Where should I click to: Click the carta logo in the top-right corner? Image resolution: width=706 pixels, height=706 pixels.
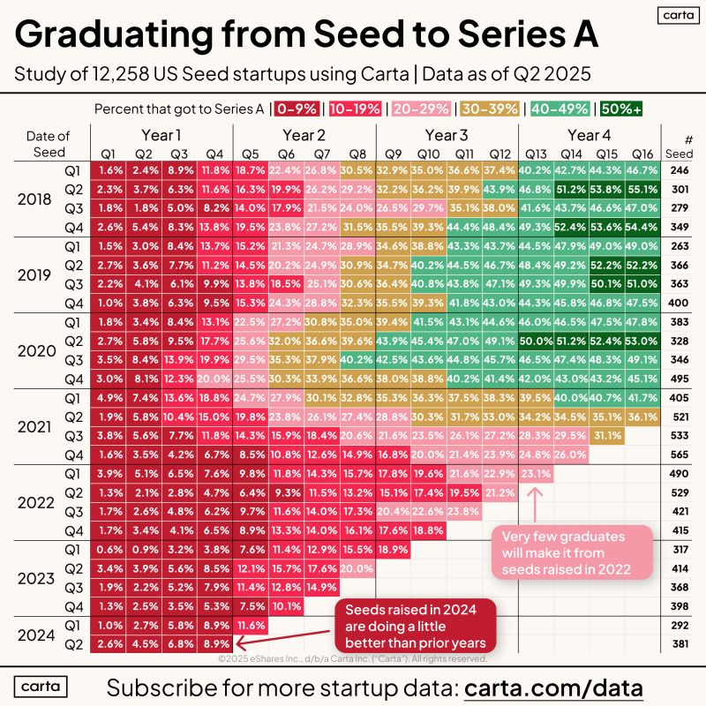[678, 15]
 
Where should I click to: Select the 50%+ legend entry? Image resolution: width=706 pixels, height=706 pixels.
[621, 109]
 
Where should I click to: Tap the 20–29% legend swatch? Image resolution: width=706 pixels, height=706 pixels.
[421, 109]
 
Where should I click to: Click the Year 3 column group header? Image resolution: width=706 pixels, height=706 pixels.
[447, 135]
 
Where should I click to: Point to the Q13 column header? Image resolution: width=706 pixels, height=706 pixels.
[536, 154]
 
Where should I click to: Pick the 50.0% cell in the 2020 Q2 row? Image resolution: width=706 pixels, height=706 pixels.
[536, 341]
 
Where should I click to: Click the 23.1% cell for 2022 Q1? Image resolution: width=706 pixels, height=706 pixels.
[536, 474]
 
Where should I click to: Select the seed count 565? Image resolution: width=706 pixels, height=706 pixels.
[680, 454]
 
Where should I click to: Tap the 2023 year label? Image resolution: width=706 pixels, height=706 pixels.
[36, 578]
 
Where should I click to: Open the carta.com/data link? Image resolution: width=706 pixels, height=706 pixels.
[553, 688]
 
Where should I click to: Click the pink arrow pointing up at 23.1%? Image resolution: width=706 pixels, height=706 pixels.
[535, 504]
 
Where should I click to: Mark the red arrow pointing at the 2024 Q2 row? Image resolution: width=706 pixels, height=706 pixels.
[282, 638]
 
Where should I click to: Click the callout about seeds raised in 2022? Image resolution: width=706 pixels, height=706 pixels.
[571, 552]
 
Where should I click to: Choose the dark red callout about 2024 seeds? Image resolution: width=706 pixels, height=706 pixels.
[415, 626]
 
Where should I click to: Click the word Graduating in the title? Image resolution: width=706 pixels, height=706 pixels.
[114, 35]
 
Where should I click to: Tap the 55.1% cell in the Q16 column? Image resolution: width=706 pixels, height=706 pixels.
[642, 189]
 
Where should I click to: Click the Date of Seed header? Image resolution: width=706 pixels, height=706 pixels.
[49, 144]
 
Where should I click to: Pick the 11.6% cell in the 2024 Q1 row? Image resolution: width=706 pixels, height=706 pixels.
[251, 626]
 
